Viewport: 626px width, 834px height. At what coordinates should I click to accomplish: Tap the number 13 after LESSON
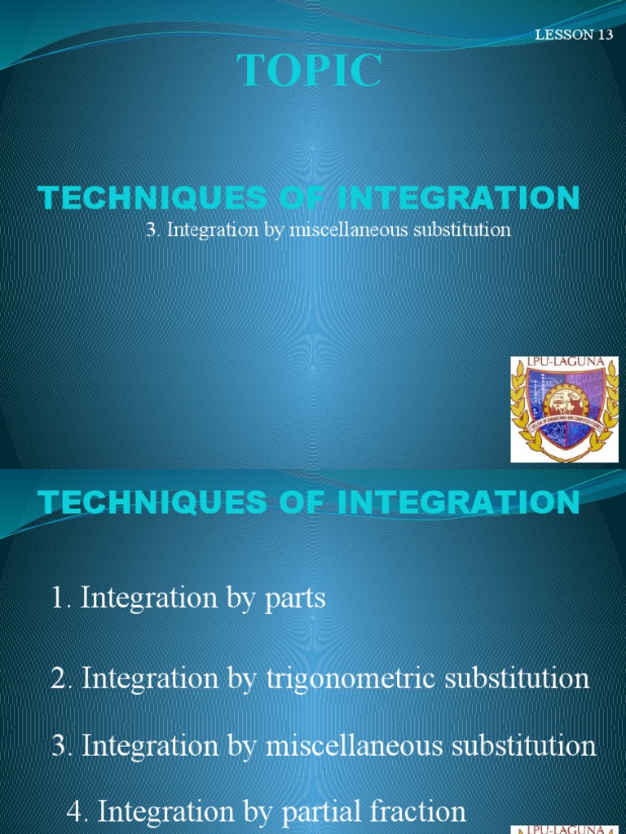click(604, 35)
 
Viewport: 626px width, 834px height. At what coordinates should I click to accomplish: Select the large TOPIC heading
click(310, 72)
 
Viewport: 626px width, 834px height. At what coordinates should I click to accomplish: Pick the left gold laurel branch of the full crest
click(521, 411)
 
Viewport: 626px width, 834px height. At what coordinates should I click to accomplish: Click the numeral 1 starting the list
click(57, 599)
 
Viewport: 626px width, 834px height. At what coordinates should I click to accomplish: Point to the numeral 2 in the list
click(58, 678)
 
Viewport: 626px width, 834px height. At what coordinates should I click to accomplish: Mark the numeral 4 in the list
click(75, 811)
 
